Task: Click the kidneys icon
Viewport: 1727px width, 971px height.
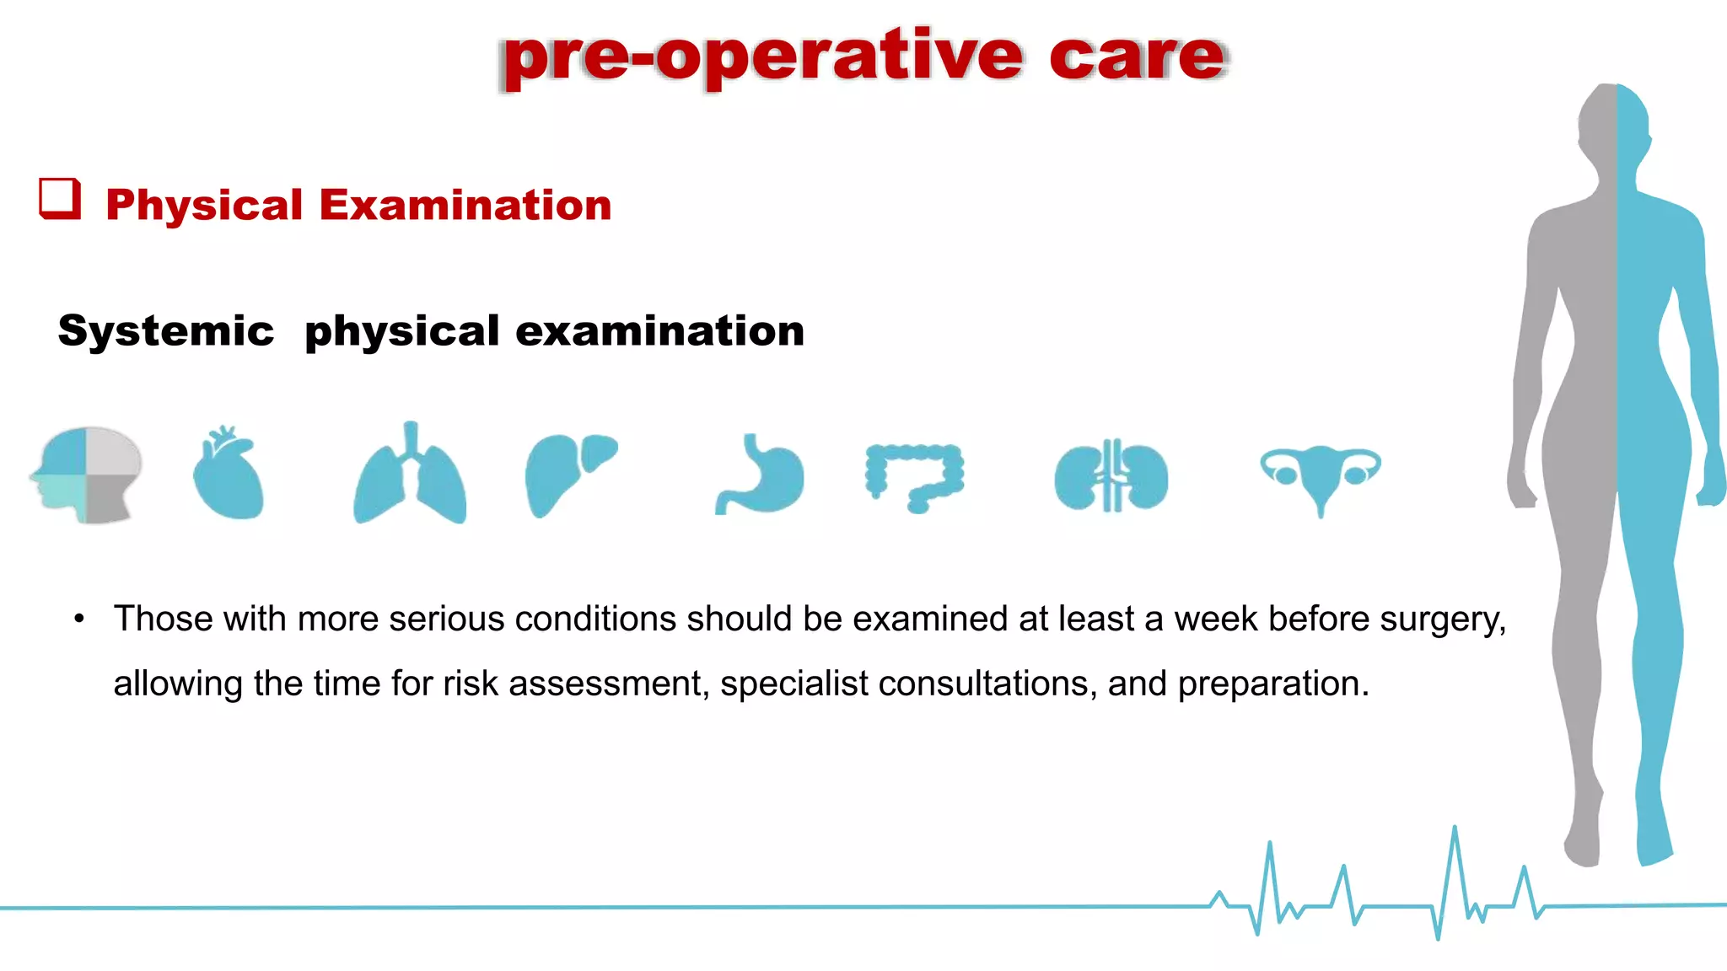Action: point(1111,477)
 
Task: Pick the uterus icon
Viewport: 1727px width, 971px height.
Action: point(1321,475)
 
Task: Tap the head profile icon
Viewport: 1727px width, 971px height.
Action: point(87,475)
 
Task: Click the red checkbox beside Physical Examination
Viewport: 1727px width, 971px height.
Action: point(60,199)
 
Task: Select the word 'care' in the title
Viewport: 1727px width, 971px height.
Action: point(1137,57)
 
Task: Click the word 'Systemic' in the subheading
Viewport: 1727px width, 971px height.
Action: point(166,330)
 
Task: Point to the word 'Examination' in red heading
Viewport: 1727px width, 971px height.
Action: point(465,206)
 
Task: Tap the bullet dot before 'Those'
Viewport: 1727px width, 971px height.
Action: point(79,620)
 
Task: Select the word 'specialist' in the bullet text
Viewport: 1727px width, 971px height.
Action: point(794,684)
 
